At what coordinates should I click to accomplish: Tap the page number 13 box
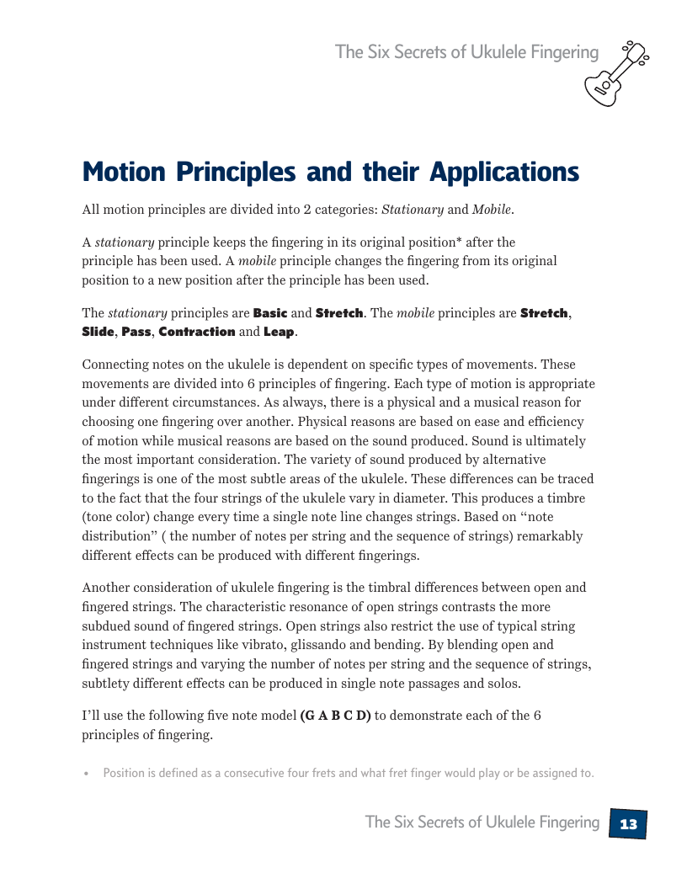pos(628,824)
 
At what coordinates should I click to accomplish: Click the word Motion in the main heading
pos(124,172)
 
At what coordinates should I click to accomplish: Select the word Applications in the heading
pos(504,172)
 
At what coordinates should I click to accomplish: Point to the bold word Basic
pos(270,313)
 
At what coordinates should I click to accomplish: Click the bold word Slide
pos(98,332)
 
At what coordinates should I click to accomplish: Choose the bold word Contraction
pos(197,332)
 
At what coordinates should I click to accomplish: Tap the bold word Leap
pos(279,332)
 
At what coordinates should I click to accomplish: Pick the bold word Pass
pos(136,332)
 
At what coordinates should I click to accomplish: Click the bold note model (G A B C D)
pos(335,716)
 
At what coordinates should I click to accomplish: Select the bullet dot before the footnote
pos(86,774)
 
